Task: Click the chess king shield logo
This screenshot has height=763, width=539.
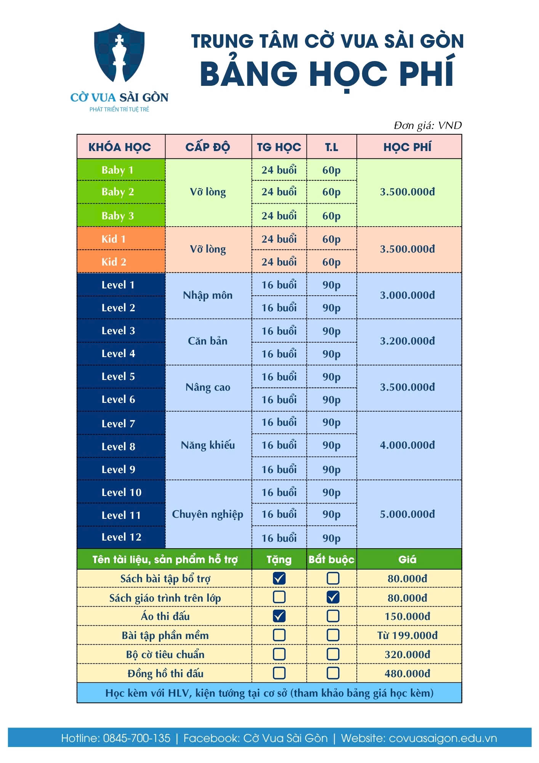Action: point(119,53)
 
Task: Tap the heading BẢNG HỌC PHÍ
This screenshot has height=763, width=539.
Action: point(327,74)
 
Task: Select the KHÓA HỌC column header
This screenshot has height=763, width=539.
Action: point(120,147)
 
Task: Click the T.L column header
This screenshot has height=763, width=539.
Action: point(331,147)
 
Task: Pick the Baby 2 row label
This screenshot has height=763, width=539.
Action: point(118,192)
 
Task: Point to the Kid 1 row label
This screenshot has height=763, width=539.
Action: point(114,239)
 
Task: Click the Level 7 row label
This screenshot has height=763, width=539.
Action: point(118,423)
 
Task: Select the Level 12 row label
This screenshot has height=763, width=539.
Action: point(121,537)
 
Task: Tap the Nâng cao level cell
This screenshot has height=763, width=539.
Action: point(208,388)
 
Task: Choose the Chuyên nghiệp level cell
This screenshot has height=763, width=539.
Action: point(208,514)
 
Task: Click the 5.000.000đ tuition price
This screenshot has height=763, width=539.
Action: point(407,514)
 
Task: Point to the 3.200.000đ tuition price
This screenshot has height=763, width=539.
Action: point(407,341)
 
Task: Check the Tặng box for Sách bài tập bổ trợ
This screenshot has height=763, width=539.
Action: point(279,578)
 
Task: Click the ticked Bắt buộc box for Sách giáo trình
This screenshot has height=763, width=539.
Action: point(333,597)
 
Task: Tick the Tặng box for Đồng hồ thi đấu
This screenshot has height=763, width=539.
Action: point(279,673)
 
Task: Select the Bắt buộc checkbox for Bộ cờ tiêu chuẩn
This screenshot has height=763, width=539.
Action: point(333,654)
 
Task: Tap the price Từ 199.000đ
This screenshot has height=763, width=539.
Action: point(407,635)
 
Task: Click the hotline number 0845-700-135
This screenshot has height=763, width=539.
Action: point(136,738)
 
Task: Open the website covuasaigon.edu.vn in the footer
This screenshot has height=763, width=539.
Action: point(443,738)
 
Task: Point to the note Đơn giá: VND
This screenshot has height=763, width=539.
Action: point(427,126)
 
